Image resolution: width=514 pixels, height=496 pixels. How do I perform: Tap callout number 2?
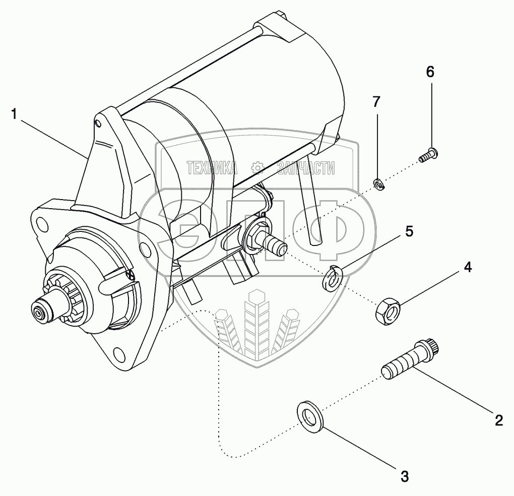(498, 420)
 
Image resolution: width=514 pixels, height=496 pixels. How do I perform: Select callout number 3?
(404, 475)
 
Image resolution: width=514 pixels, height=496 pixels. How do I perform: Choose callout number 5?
(409, 231)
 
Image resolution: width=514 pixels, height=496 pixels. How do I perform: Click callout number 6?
(429, 72)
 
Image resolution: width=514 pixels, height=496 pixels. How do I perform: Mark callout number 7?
(376, 102)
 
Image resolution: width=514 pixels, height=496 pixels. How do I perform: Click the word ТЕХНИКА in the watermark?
(212, 168)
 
